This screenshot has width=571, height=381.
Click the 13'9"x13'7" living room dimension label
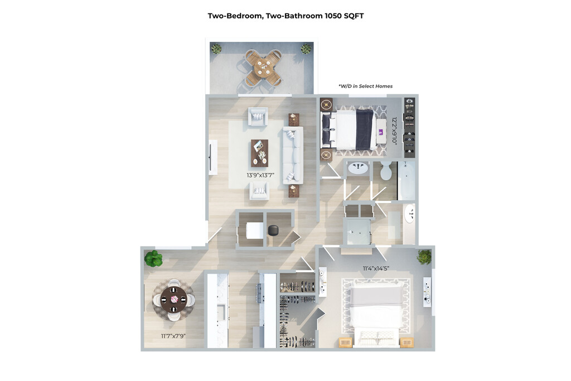[260, 175]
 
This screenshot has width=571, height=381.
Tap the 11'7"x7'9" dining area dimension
[173, 336]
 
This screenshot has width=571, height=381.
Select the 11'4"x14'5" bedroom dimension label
[376, 268]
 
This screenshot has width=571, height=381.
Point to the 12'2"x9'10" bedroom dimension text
[394, 131]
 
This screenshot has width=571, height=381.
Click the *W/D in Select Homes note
[365, 86]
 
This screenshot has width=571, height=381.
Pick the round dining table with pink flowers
[174, 299]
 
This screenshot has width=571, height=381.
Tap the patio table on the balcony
[263, 67]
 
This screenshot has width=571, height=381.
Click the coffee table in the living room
[260, 153]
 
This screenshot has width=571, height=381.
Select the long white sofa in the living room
[293, 155]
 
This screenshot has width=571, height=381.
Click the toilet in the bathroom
[386, 170]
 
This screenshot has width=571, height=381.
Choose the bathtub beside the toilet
[406, 180]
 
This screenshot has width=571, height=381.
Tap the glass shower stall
[357, 232]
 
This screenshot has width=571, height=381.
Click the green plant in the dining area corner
[153, 258]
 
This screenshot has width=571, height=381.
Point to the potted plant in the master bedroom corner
[424, 257]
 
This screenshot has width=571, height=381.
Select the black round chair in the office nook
[273, 230]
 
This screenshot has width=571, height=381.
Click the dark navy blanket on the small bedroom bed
[365, 129]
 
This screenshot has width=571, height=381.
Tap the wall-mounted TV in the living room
[210, 157]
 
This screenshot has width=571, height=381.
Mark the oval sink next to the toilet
[358, 168]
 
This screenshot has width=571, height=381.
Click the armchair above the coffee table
[258, 117]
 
